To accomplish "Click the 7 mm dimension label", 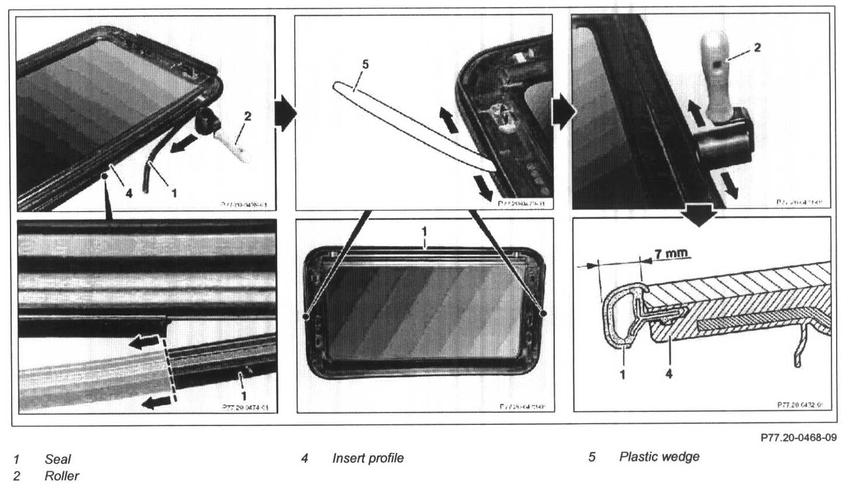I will tap(670, 254).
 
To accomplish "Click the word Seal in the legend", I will tap(57, 459).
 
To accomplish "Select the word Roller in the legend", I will tap(61, 476).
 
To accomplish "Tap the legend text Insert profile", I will tap(368, 458).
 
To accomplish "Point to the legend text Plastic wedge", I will tap(659, 456).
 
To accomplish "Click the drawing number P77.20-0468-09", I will tap(799, 437).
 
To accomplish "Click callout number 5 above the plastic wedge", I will tap(365, 64).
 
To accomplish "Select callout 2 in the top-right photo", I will tap(757, 47).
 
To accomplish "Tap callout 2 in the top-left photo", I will tap(247, 116).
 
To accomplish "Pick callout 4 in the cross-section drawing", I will tap(669, 373).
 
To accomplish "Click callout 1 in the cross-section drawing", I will tap(622, 373).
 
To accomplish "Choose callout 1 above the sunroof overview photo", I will tap(425, 232).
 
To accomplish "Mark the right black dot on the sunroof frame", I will tap(543, 314).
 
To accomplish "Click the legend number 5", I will tap(592, 456).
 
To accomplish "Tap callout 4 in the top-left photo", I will tap(129, 193).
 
